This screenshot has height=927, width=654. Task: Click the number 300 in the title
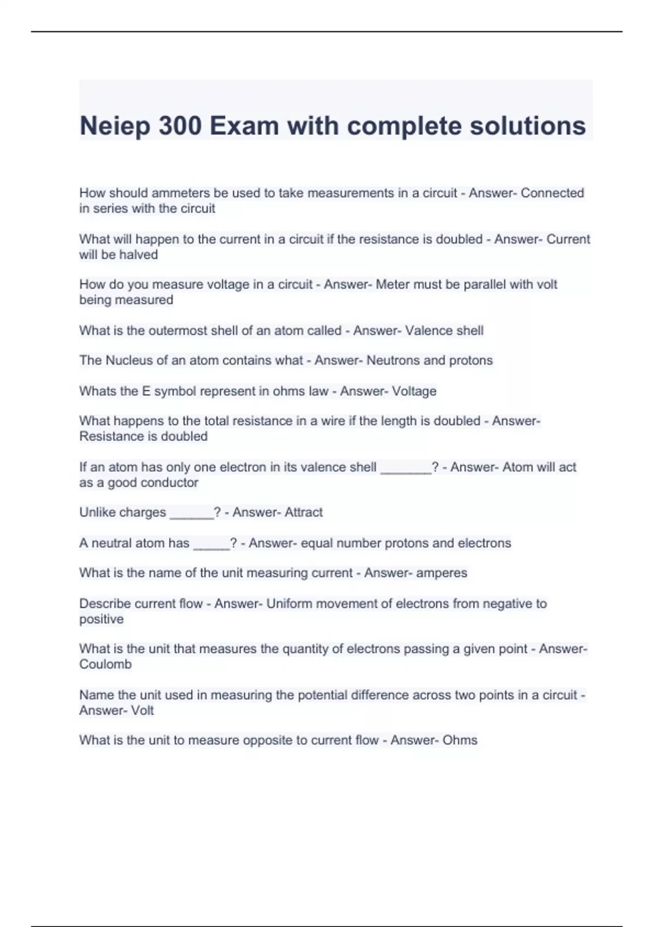pyautogui.click(x=180, y=126)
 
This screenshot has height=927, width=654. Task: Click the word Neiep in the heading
pyautogui.click(x=114, y=126)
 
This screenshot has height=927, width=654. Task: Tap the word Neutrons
pyautogui.click(x=393, y=360)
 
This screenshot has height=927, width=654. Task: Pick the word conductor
pyautogui.click(x=168, y=483)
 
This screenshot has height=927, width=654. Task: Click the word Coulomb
pyautogui.click(x=105, y=664)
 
